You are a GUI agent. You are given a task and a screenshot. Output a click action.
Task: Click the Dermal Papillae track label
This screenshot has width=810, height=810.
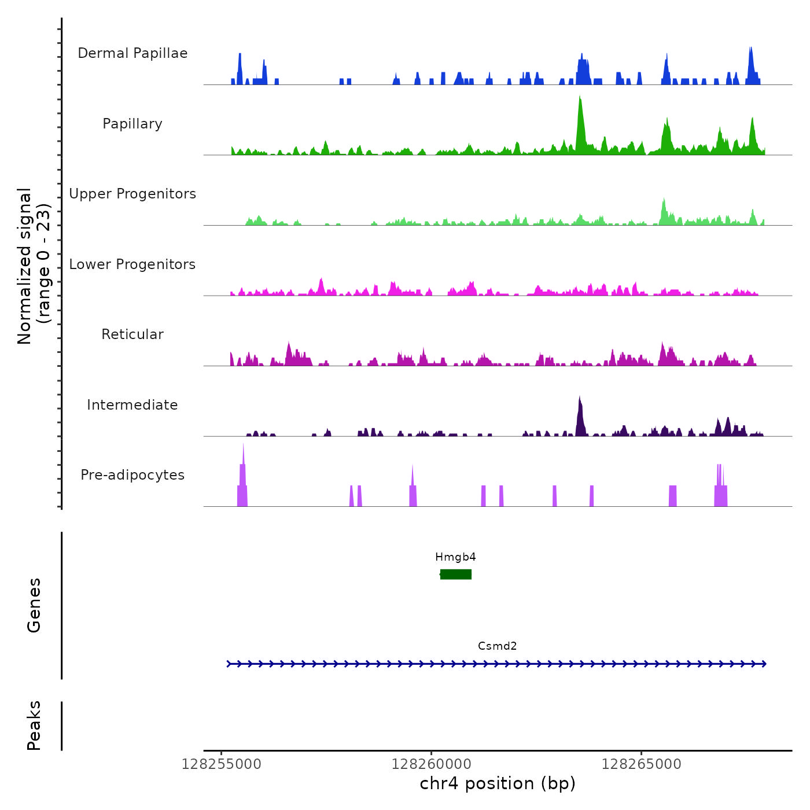132,53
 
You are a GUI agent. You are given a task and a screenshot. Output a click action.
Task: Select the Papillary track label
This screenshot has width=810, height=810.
132,124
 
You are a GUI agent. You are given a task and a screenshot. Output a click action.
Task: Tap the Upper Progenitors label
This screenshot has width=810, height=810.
132,194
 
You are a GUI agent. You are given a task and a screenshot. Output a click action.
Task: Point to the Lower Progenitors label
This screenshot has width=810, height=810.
132,264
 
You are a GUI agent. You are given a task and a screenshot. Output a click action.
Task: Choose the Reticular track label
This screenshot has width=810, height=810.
132,334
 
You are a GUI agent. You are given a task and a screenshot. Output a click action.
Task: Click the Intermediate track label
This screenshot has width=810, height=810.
132,405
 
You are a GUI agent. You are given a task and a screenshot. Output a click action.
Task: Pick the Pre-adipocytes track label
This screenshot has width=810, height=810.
132,475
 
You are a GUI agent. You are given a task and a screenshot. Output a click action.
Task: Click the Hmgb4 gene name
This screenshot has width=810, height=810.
455,557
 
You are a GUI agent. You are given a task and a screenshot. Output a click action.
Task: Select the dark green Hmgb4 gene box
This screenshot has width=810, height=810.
456,574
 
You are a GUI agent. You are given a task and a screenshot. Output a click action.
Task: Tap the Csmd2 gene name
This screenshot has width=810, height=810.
497,646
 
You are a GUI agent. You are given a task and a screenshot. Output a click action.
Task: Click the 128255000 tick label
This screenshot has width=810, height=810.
221,764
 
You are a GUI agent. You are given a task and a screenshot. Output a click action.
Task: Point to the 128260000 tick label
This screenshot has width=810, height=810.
431,764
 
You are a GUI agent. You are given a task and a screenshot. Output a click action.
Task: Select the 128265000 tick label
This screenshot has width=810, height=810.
641,764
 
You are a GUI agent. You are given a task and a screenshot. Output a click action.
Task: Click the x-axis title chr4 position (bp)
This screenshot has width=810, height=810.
498,783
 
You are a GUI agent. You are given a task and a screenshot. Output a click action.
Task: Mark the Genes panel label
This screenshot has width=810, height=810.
34,605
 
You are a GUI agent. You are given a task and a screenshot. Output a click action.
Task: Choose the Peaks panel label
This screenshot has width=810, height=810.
34,726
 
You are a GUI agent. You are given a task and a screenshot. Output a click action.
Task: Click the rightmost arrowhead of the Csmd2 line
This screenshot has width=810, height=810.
764,664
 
